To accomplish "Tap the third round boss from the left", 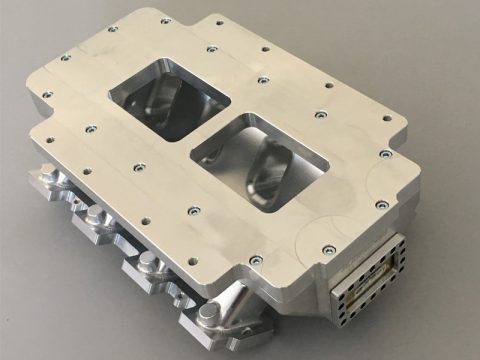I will (147, 263).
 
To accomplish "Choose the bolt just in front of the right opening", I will (193, 211).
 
